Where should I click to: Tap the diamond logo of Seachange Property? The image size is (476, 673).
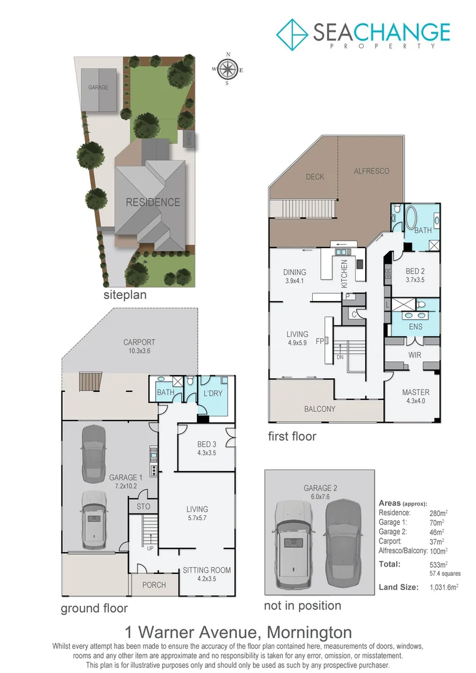point(293,34)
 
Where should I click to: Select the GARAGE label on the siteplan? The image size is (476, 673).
point(98,88)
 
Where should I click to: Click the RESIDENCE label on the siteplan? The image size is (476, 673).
point(153,202)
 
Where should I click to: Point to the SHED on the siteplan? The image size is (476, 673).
point(189,140)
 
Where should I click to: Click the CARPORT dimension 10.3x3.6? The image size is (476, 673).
point(139,351)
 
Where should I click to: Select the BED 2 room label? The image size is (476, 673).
point(416,271)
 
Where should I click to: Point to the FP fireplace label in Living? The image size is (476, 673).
point(319,341)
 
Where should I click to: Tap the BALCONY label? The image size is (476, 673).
point(320,409)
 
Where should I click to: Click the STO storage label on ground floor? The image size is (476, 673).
point(143,508)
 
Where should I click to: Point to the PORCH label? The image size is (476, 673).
point(154,585)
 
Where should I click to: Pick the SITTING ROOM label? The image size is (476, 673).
point(206,570)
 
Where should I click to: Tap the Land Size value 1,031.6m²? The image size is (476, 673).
point(447,587)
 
